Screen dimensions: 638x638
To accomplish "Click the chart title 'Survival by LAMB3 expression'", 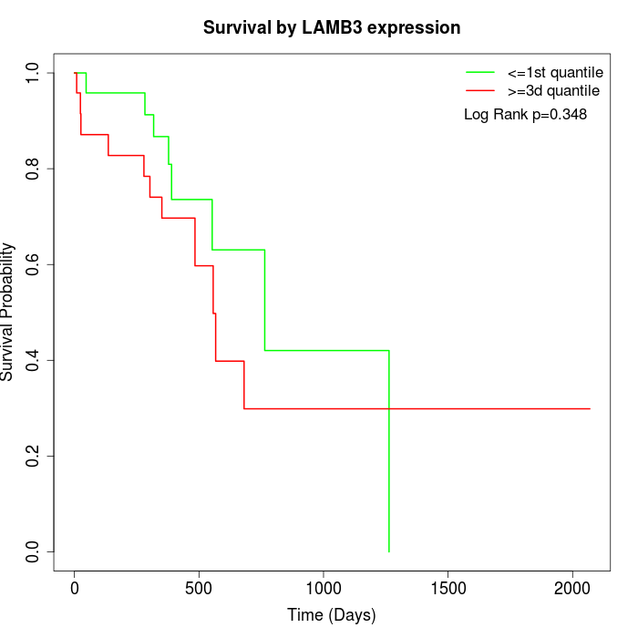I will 332,27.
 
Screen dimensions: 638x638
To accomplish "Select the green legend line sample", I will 479,71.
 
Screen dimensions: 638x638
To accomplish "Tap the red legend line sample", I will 479,91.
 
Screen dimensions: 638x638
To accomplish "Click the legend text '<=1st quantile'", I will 554,71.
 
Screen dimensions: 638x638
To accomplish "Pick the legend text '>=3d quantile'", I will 552,91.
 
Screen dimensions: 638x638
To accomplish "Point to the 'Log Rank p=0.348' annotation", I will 525,115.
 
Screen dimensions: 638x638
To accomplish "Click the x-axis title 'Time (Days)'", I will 332,615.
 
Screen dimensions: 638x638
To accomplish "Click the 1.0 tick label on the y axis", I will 33,73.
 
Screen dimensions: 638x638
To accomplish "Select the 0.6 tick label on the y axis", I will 33,264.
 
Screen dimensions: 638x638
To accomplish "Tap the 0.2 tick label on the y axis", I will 33,456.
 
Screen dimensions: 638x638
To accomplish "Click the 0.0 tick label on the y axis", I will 33,551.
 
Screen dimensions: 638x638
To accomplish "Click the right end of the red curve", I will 590,408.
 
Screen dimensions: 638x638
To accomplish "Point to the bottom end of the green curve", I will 389,551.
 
